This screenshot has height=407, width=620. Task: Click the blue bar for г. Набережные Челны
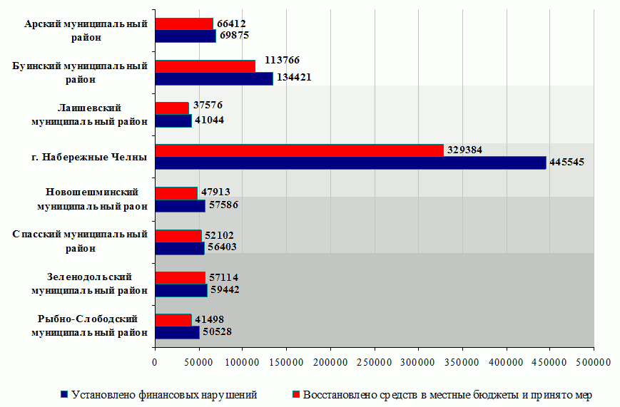tap(350, 163)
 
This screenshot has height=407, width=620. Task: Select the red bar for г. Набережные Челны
tap(299, 150)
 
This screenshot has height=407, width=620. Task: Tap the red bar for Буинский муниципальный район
tap(205, 66)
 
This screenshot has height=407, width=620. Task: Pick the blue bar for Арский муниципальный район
tap(185, 36)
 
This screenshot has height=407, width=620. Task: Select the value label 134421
tap(294, 78)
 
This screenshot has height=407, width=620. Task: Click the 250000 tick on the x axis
tap(374, 362)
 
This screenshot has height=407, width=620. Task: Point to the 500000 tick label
tap(594, 362)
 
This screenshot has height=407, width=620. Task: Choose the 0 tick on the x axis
tap(155, 362)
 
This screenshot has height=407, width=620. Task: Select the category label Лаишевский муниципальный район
tap(89, 114)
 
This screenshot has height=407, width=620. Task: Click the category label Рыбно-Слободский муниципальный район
tap(88, 325)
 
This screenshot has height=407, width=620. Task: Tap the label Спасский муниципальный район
tap(81, 241)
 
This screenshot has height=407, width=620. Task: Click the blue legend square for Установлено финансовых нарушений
tap(65, 394)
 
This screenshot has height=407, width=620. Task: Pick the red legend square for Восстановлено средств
tap(296, 394)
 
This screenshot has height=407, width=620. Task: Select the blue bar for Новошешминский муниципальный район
tap(180, 206)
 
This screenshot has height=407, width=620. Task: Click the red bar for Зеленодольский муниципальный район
tap(180, 277)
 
